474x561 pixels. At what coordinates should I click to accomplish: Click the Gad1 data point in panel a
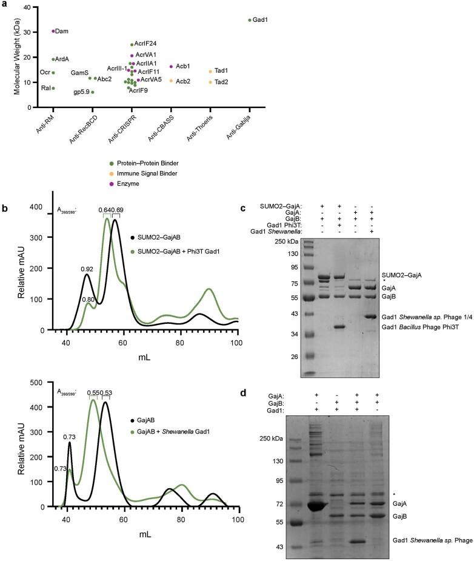coord(250,20)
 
